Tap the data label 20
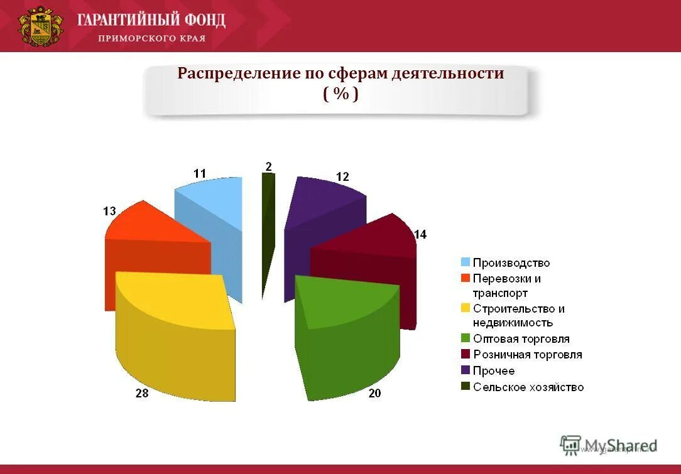pos(374,393)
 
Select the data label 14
pos(420,234)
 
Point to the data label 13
pos(109,212)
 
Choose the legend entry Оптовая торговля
pos(521,339)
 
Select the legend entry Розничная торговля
pos(527,355)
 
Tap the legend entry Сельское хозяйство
pos(528,387)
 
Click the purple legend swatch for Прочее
pos(466,370)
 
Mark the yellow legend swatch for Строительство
pos(466,308)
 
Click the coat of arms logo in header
pos(41,26)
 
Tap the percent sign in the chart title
pos(341,94)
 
